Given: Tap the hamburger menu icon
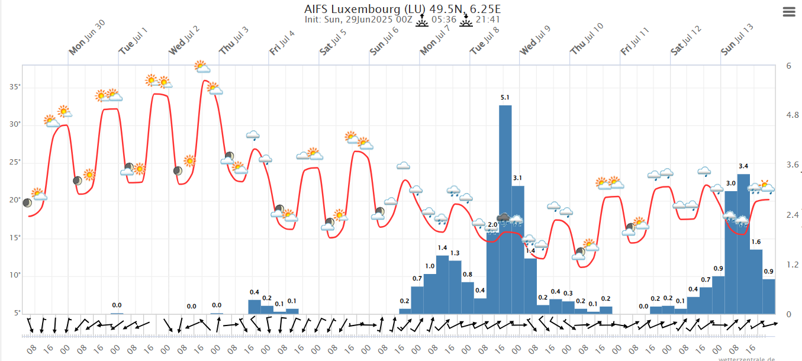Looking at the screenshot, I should [x=789, y=12].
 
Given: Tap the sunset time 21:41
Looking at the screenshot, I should [x=489, y=20].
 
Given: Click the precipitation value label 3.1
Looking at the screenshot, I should [x=517, y=178].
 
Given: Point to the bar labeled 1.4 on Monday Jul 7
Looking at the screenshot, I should [x=442, y=284].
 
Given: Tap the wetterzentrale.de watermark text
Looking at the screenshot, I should [x=748, y=358].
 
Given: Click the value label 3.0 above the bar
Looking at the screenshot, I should [x=731, y=183].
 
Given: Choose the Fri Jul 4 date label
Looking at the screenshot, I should [x=282, y=44].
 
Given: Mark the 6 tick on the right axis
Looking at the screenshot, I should [x=788, y=66].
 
